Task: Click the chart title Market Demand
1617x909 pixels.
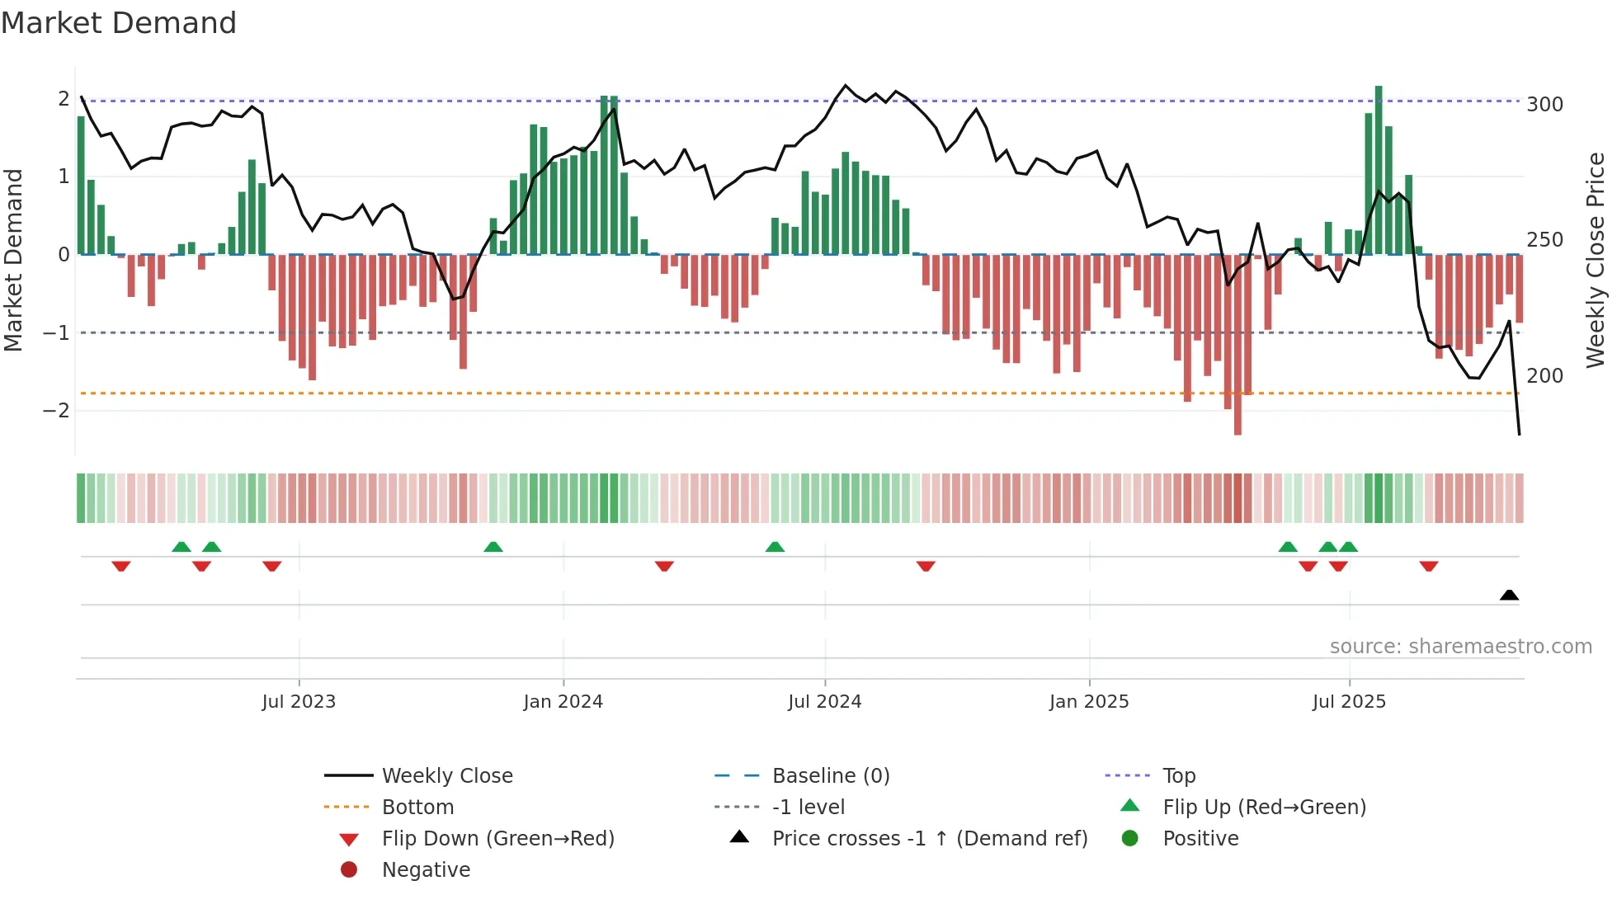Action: click(x=119, y=23)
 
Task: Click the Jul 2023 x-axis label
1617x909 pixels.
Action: click(x=299, y=702)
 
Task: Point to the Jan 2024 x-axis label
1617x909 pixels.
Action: click(x=563, y=702)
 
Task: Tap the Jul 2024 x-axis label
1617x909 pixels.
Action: click(x=825, y=702)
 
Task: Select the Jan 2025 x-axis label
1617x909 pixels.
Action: click(x=1089, y=702)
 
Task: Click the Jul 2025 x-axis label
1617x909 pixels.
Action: click(x=1350, y=702)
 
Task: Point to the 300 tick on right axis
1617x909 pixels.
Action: click(x=1544, y=105)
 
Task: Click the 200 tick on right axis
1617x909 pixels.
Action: click(x=1544, y=376)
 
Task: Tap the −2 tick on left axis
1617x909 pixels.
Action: click(x=56, y=411)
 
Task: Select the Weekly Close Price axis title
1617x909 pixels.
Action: click(x=1596, y=260)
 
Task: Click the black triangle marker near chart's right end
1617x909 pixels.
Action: click(x=1509, y=595)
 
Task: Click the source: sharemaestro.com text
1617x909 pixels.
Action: click(x=1460, y=647)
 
